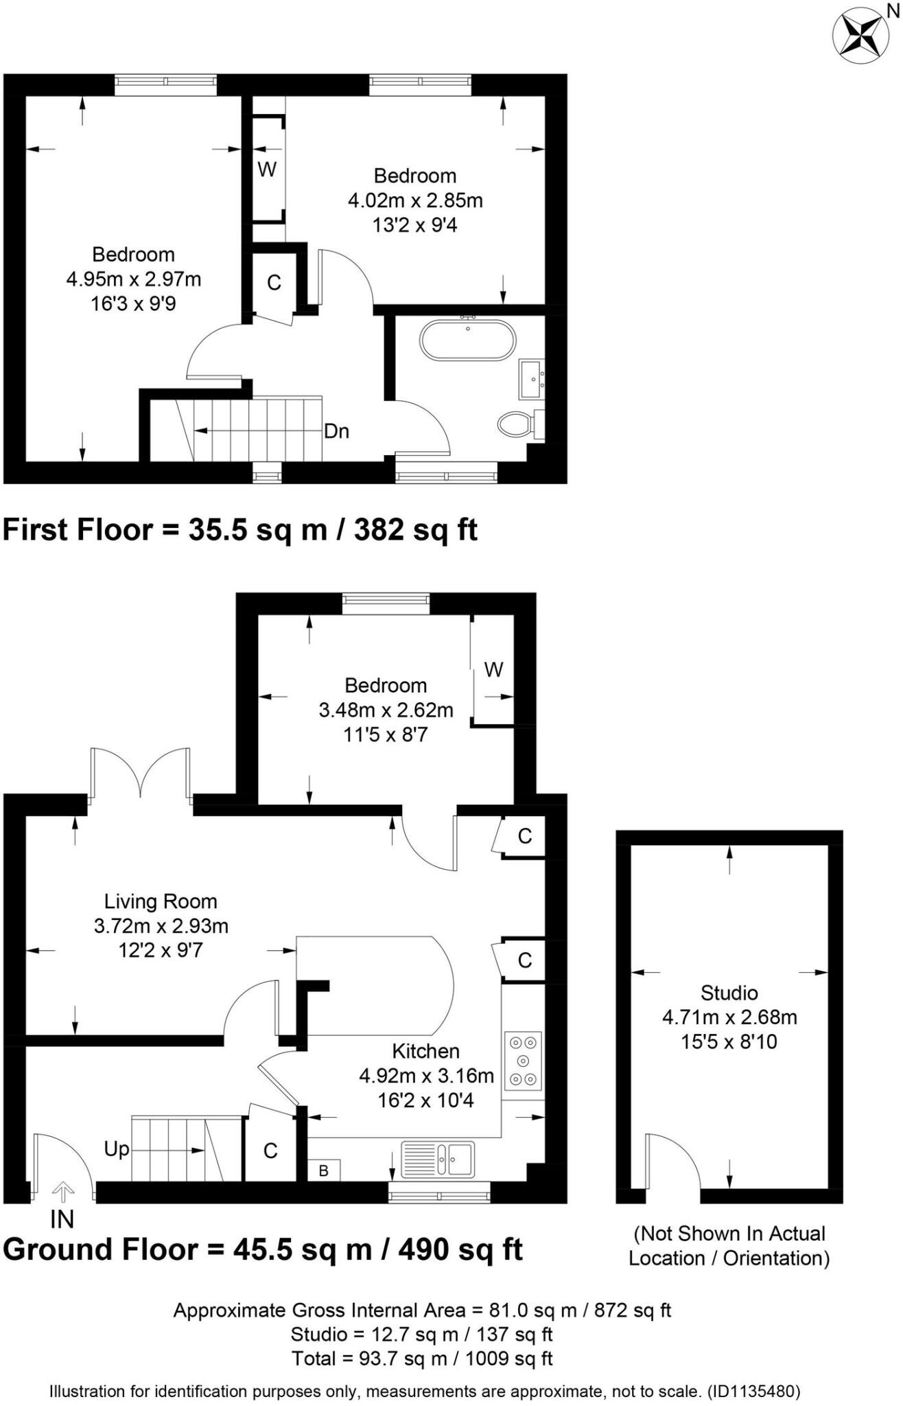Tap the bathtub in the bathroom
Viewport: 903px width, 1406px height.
[467, 340]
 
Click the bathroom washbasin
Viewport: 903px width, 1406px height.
[532, 379]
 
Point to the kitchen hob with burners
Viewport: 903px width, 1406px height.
[524, 1061]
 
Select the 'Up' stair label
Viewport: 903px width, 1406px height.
[117, 1149]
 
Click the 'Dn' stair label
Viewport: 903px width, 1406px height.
[336, 431]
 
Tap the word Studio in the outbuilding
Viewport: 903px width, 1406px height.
[729, 993]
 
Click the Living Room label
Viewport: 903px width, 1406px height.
[161, 901]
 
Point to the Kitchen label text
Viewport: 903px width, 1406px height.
[425, 1051]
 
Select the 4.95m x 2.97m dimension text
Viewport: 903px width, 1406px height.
[134, 279]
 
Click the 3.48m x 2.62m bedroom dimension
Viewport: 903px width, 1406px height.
[386, 710]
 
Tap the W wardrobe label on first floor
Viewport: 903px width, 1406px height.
[267, 170]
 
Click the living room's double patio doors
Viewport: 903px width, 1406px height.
[141, 772]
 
